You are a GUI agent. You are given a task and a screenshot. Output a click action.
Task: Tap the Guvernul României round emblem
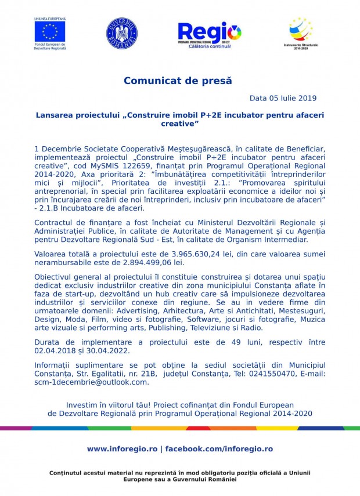coord(122,32)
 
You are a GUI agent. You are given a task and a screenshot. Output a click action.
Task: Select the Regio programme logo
coord(210,32)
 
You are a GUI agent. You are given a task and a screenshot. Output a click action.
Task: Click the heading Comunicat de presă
coord(177,81)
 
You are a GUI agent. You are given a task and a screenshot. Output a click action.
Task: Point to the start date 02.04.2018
coord(55,350)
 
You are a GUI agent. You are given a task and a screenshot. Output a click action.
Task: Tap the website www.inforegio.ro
coord(121,449)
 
